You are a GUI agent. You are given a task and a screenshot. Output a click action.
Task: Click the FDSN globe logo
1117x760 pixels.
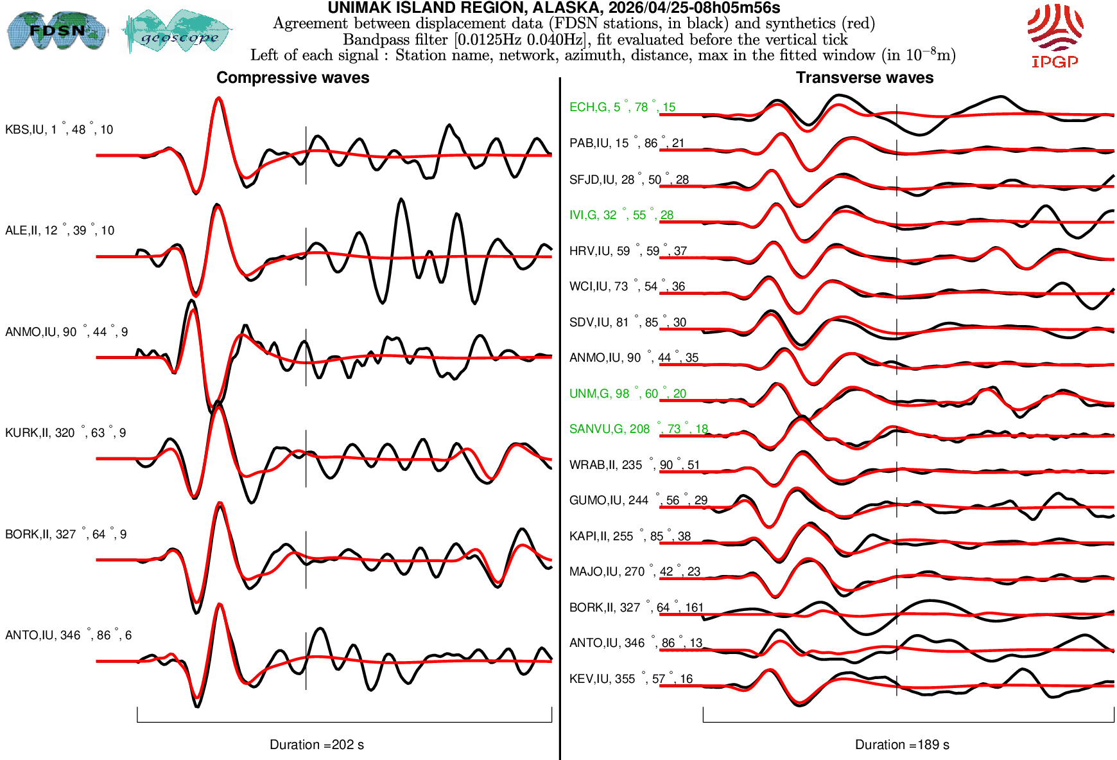[x=56, y=30]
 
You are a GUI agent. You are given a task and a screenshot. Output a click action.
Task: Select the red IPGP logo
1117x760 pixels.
[x=1055, y=35]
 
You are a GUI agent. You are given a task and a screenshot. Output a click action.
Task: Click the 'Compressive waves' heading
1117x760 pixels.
[x=293, y=78]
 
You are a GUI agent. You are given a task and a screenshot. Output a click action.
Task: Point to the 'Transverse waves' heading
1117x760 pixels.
[x=864, y=78]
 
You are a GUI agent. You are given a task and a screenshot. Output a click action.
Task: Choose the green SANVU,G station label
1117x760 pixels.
[x=638, y=429]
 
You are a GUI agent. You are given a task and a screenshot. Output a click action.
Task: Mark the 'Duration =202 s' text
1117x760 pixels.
[x=316, y=745]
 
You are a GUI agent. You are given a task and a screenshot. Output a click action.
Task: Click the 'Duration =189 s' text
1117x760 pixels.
[x=901, y=745]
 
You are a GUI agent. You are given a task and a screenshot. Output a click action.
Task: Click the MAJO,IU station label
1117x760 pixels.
[x=634, y=572]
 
